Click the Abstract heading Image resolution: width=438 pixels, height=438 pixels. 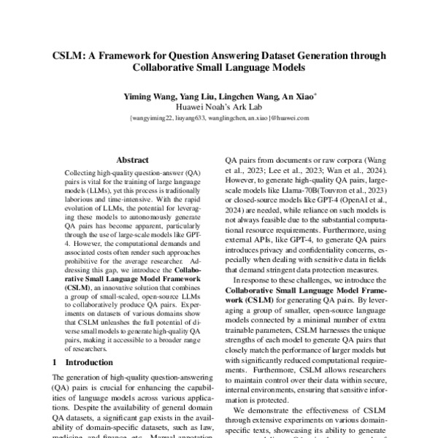click(132, 159)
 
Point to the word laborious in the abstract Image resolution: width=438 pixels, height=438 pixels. click(77, 196)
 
